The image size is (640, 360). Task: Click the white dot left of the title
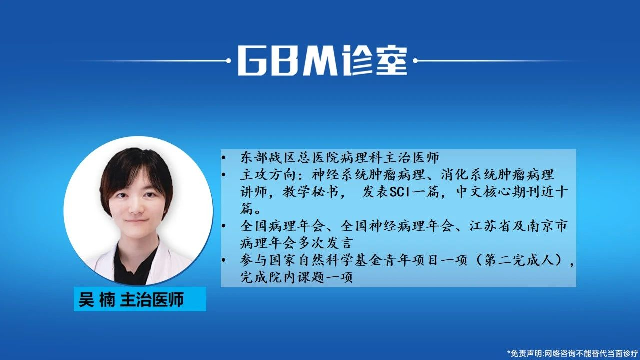click(x=228, y=61)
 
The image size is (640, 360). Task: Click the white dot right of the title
click(x=415, y=61)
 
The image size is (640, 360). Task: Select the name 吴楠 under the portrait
click(x=97, y=299)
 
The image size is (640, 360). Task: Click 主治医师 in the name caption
click(x=152, y=299)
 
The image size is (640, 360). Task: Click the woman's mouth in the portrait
click(x=136, y=221)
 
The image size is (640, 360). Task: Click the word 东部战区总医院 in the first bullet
click(x=290, y=157)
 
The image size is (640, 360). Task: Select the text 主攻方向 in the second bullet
click(x=268, y=175)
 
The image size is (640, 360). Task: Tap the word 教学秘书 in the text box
click(x=311, y=192)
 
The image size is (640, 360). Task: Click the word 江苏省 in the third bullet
click(x=491, y=226)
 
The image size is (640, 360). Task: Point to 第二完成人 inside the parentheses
click(x=519, y=260)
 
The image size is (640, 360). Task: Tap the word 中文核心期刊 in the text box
click(x=498, y=192)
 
